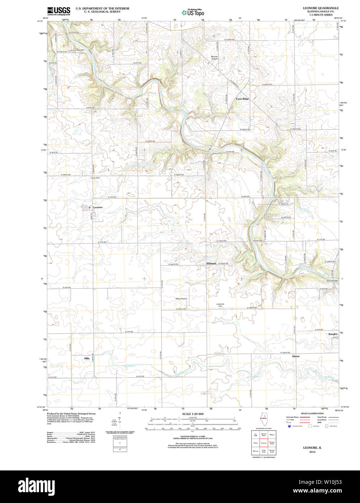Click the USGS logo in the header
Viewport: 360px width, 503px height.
point(58,10)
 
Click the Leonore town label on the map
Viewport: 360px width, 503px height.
point(98,207)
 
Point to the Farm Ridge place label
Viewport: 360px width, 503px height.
point(242,99)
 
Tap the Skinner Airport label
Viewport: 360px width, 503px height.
point(214,58)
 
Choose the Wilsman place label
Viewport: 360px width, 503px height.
point(211,263)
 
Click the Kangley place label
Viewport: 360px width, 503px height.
point(333,334)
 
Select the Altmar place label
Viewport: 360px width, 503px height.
point(296,356)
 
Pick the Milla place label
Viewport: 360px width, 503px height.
point(87,358)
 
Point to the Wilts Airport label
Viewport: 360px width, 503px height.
point(181,299)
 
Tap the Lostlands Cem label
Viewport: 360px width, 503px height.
point(220,305)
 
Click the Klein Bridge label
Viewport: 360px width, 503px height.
point(332,281)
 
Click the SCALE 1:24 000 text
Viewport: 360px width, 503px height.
point(193,414)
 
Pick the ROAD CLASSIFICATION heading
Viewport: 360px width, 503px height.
point(312,413)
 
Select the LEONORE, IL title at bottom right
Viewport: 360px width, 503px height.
point(312,448)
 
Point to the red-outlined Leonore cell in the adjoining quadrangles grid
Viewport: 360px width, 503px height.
point(264,443)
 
